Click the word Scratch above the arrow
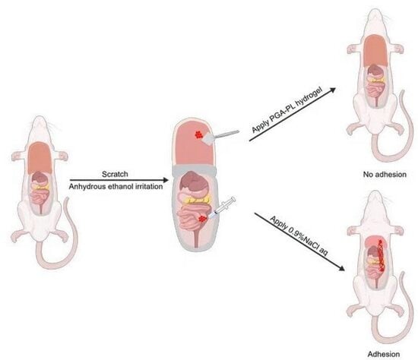pyautogui.click(x=115, y=174)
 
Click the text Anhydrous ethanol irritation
pyautogui.click(x=116, y=187)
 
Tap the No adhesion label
pyautogui.click(x=385, y=175)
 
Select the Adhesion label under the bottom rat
pyautogui.click(x=384, y=354)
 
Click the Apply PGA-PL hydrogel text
pyautogui.click(x=287, y=110)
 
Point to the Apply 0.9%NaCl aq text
pyautogui.click(x=299, y=237)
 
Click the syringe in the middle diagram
pyautogui.click(x=222, y=208)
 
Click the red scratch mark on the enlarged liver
pyautogui.click(x=198, y=135)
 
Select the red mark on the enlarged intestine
pyautogui.click(x=203, y=219)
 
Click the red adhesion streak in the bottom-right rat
pyautogui.click(x=382, y=256)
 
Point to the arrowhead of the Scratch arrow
pyautogui.click(x=166, y=181)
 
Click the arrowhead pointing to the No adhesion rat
pyautogui.click(x=332, y=90)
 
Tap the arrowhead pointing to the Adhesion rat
pyautogui.click(x=341, y=268)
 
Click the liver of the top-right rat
pyautogui.click(x=375, y=51)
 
